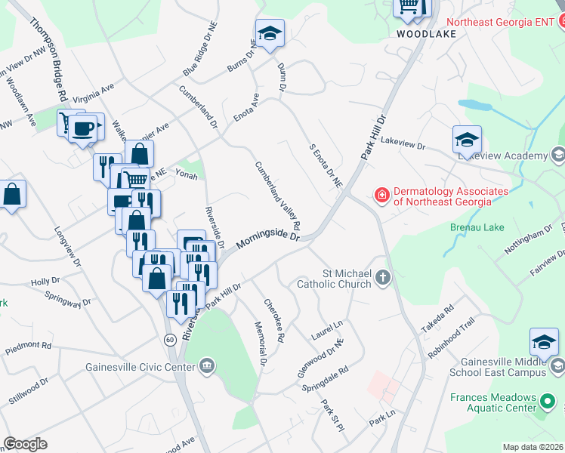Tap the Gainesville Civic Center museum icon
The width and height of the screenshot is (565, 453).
(207, 367)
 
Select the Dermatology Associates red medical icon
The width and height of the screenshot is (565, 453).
(382, 196)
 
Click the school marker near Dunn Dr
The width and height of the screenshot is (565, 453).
(270, 34)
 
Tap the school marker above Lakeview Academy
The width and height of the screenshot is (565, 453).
(468, 140)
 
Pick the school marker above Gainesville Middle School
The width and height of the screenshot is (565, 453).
(544, 343)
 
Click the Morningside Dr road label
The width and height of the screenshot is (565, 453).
(268, 239)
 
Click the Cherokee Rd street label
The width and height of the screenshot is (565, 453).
(273, 320)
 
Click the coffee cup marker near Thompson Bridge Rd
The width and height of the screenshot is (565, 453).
(84, 127)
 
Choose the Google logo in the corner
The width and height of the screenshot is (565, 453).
(25, 444)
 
